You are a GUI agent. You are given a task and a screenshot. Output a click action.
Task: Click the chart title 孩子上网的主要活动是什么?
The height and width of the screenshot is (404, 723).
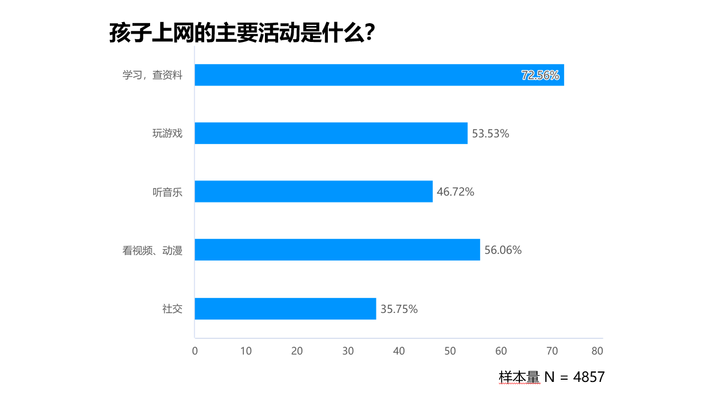click(x=243, y=33)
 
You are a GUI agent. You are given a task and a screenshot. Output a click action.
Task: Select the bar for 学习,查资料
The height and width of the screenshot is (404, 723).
click(x=379, y=75)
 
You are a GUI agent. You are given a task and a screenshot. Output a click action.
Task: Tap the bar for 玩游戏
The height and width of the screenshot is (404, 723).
click(x=331, y=134)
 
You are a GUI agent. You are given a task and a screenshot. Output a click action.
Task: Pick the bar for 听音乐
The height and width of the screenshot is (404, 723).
click(x=313, y=192)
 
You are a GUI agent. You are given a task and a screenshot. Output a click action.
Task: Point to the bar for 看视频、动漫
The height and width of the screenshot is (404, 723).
click(x=337, y=250)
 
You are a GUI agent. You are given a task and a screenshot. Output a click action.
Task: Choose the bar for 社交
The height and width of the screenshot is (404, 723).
click(x=285, y=309)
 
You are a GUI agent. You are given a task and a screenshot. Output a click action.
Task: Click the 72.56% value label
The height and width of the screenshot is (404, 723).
click(x=540, y=76)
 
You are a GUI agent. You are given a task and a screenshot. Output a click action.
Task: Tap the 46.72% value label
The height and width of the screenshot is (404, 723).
click(x=455, y=192)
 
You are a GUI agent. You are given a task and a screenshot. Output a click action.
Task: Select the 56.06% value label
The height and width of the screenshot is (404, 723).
click(x=503, y=251)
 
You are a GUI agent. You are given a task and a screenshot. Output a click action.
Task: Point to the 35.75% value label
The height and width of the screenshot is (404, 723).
click(x=399, y=309)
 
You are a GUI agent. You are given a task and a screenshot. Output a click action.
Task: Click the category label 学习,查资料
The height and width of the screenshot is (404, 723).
click(x=152, y=76)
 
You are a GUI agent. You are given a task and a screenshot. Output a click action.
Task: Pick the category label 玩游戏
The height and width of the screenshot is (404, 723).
click(x=167, y=134)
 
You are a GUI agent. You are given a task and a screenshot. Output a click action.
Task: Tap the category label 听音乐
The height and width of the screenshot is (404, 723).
click(x=167, y=192)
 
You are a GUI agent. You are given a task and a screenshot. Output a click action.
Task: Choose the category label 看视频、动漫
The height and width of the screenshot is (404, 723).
click(x=152, y=251)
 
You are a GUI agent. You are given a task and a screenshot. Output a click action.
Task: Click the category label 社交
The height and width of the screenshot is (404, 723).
click(x=172, y=309)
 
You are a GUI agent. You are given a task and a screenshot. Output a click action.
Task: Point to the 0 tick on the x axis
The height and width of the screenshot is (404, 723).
click(x=195, y=351)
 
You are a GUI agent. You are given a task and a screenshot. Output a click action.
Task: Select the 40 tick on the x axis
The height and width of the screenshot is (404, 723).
click(x=399, y=351)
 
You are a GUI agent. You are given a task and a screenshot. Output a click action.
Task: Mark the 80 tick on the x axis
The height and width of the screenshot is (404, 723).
click(x=597, y=351)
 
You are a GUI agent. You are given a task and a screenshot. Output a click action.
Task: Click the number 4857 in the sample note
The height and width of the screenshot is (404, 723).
click(x=589, y=378)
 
